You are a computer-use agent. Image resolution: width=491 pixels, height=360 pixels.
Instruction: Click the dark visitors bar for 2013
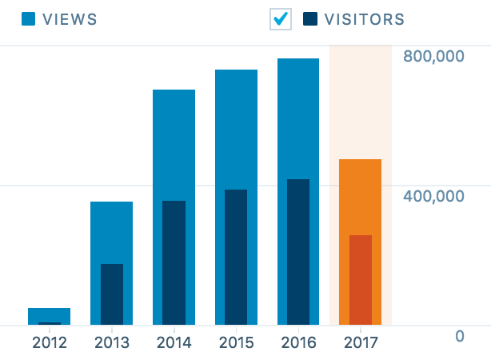pos(111,294)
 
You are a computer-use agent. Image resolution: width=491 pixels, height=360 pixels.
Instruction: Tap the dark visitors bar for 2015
pos(236,257)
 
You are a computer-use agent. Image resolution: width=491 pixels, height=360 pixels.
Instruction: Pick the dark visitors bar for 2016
pos(298,252)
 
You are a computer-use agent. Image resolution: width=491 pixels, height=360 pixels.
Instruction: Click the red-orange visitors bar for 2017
pos(361,280)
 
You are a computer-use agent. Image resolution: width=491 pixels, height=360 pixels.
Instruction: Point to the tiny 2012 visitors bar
pos(50,324)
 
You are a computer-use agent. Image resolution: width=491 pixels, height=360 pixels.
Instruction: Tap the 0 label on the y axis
pos(459,336)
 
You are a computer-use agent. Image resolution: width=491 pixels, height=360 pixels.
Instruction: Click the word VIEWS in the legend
pos(70,19)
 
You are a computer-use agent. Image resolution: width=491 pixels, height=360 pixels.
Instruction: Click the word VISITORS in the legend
pos(365,19)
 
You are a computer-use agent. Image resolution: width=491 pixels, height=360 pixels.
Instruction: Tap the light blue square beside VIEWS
pos(29,18)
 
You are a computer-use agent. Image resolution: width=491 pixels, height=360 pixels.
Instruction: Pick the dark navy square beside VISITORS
pos(310,18)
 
